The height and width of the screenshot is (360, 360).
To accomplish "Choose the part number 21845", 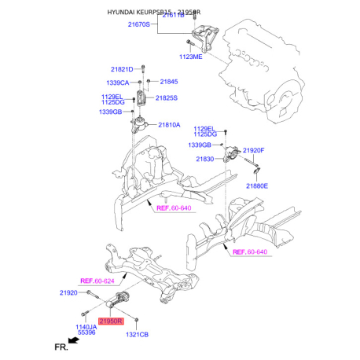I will click(169, 82).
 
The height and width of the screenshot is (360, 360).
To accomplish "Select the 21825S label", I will click(166, 98).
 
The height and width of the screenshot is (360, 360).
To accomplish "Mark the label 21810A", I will click(169, 125).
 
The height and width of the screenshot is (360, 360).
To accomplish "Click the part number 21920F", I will click(275, 150).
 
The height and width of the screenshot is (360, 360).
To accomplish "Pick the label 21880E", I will click(256, 186).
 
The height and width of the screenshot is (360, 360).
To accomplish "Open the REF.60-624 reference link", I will click(97, 280).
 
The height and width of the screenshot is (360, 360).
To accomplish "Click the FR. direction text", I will click(62, 346).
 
